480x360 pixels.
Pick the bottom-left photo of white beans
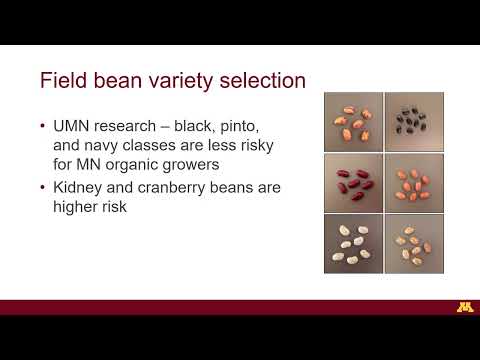pos(353,242)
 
